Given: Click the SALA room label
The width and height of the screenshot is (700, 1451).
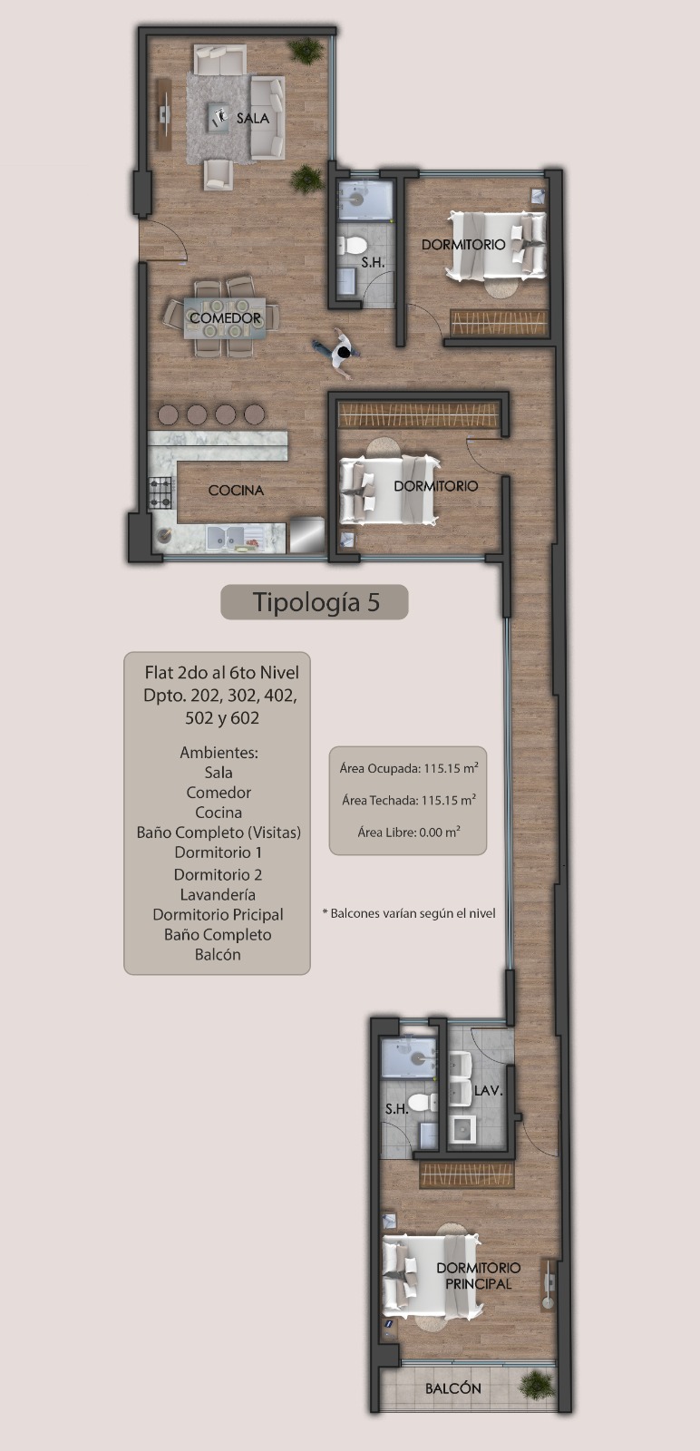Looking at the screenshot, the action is click(x=253, y=119).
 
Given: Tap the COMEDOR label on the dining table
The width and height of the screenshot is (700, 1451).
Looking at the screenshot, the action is click(x=226, y=318).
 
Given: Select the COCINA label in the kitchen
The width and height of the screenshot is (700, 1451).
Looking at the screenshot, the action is click(x=236, y=491).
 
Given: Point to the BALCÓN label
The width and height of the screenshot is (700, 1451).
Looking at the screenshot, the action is click(x=453, y=1388).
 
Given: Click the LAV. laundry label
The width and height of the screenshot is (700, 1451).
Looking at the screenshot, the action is click(x=488, y=1091).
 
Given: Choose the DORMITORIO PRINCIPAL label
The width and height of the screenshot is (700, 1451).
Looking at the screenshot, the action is click(x=479, y=1275).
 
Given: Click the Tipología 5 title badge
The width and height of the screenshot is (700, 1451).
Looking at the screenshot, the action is click(x=315, y=602).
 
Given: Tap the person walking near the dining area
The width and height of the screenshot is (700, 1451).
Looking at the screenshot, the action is click(x=338, y=352).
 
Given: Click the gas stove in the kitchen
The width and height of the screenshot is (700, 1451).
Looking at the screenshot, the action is click(x=160, y=492).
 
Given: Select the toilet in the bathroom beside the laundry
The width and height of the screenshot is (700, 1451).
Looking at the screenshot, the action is click(x=423, y=1102).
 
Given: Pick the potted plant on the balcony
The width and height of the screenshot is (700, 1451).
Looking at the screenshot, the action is click(x=536, y=1383).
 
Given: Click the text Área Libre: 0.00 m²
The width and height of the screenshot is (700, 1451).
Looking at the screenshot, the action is click(x=409, y=832).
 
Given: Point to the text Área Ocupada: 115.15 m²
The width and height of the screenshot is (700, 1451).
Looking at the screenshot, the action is click(x=409, y=768).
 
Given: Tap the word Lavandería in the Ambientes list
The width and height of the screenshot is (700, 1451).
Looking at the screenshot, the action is click(x=218, y=894).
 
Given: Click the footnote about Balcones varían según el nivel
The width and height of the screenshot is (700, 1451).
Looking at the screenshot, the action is click(x=409, y=913).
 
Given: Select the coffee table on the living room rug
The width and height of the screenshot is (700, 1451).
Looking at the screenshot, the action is click(x=219, y=118).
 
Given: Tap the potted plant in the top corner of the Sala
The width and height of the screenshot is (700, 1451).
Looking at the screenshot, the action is click(x=306, y=51).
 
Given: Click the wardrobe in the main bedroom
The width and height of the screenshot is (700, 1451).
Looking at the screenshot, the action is click(x=467, y=1175).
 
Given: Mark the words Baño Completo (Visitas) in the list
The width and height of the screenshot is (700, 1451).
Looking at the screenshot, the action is click(x=219, y=833).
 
